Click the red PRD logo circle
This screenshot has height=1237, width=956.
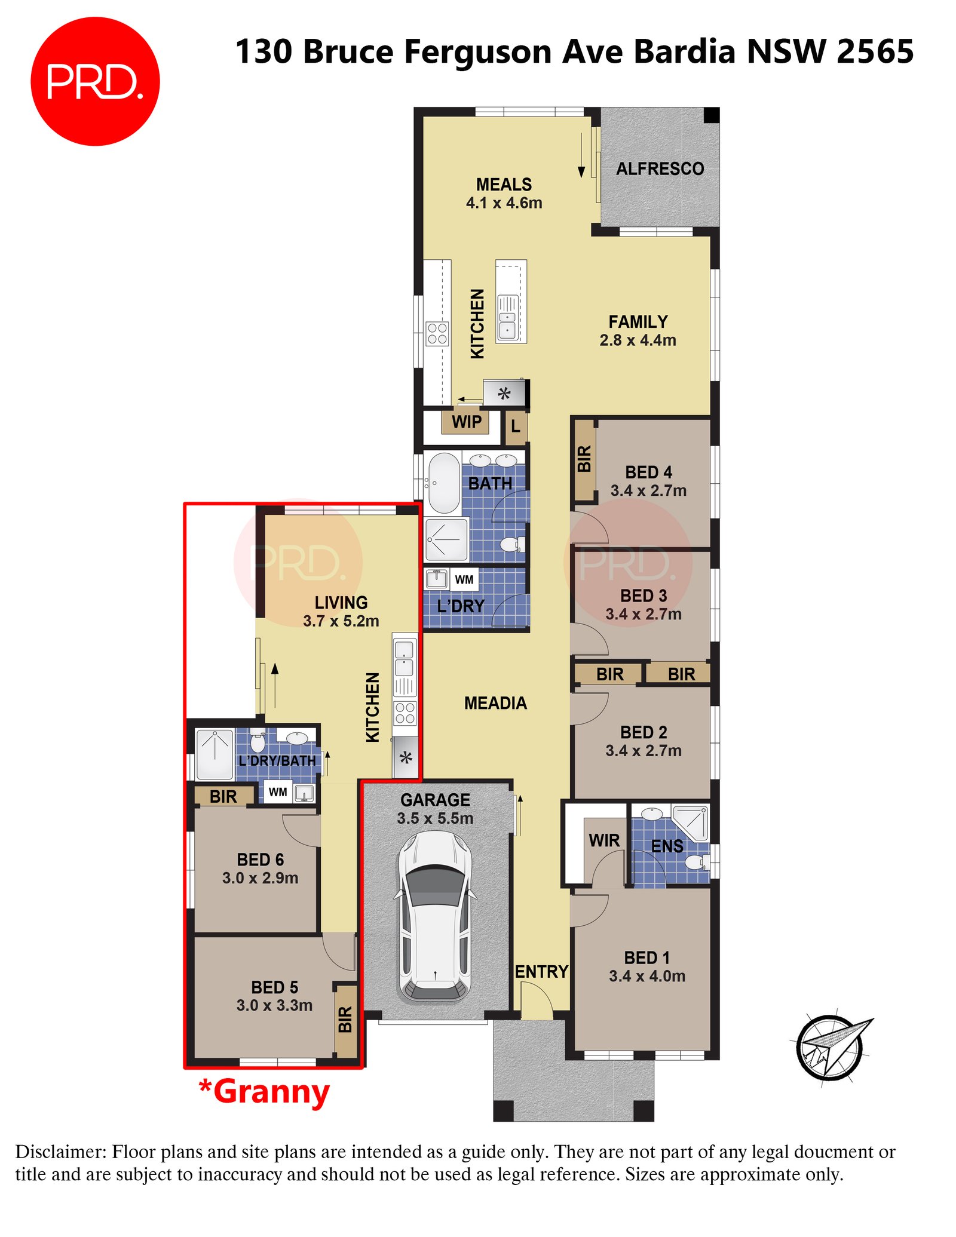click(x=95, y=81)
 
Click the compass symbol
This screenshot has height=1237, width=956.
click(x=830, y=1047)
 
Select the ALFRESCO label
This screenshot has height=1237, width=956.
click(x=660, y=169)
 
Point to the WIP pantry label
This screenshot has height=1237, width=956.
click(x=466, y=422)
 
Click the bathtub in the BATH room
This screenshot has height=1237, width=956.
click(x=443, y=483)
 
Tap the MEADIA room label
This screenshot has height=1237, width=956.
click(x=495, y=703)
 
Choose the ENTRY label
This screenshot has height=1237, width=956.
click(x=541, y=972)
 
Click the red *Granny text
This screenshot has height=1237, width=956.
click(x=264, y=1092)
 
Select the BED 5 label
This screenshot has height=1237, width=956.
click(x=274, y=987)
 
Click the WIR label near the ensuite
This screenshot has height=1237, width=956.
click(x=604, y=840)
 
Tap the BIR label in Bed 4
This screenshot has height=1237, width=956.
click(x=584, y=459)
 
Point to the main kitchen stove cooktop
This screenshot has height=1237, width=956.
click(x=437, y=334)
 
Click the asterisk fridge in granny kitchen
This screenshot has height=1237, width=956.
click(x=406, y=759)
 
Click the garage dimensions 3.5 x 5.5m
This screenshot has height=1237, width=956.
click(x=435, y=818)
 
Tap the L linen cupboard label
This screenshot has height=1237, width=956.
click(x=516, y=426)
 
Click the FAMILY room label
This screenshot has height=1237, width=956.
click(x=638, y=322)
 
